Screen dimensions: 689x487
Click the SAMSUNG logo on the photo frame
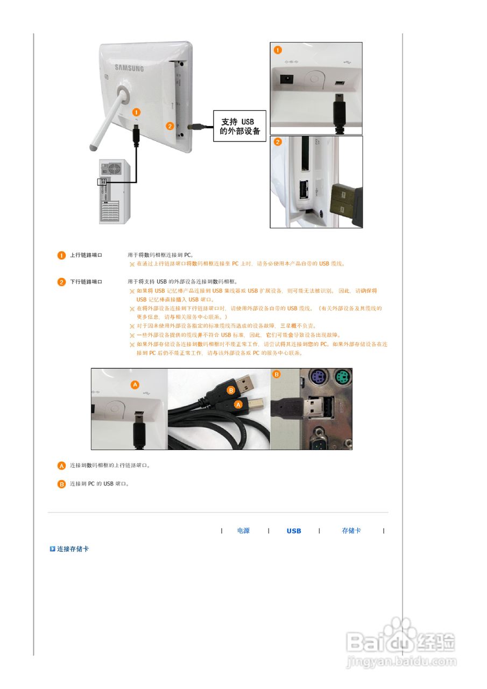pos(129,68)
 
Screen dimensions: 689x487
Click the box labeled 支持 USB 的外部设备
pos(240,126)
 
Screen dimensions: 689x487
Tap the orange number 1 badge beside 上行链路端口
pos(62,255)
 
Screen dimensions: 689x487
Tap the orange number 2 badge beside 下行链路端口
pos(62,282)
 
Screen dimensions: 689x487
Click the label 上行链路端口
pos(86,255)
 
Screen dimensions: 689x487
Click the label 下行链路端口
pos(86,282)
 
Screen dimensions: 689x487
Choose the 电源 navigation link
pos(243,531)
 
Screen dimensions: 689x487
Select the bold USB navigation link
pos(294,531)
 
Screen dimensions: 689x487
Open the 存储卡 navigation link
pos(351,531)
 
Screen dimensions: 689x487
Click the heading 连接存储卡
pos(73,549)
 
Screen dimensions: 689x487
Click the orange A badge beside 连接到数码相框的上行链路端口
pos(62,465)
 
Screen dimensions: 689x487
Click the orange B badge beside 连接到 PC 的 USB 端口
pos(62,484)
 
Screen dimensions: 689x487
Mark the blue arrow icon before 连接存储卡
pos(53,549)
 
